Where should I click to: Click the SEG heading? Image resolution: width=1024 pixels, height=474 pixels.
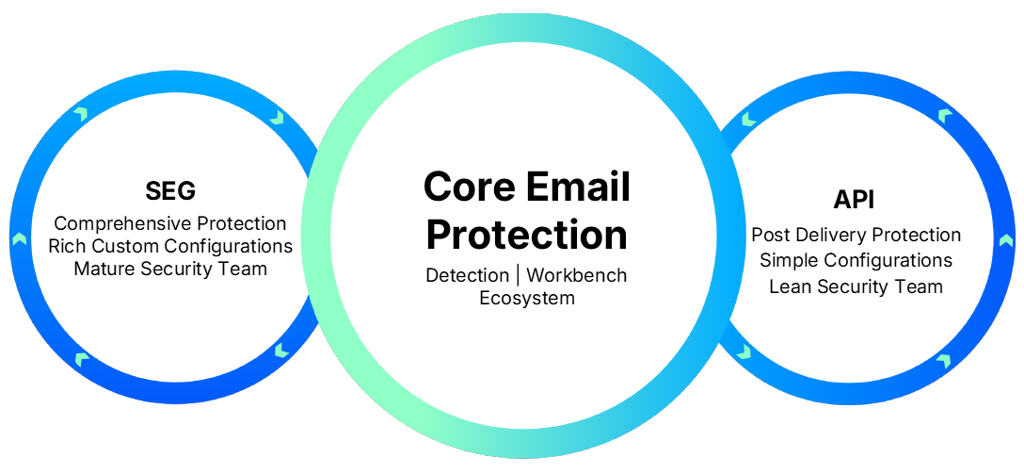(x=170, y=191)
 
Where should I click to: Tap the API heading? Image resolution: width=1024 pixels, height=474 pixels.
(x=856, y=200)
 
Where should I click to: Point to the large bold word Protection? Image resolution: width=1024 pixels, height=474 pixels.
(x=526, y=235)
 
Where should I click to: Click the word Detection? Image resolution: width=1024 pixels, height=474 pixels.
(x=468, y=276)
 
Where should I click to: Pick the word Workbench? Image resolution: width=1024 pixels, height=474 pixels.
(x=576, y=276)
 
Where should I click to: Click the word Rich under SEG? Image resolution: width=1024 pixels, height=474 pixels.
(x=66, y=246)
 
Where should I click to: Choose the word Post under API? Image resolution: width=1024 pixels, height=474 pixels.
(x=770, y=236)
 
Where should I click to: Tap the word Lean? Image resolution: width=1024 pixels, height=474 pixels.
(x=789, y=286)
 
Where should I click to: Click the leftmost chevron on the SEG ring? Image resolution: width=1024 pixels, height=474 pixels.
(x=18, y=238)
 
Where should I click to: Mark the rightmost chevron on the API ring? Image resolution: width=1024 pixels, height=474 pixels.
(x=1006, y=239)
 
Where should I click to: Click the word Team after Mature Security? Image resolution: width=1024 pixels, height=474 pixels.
(x=246, y=269)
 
